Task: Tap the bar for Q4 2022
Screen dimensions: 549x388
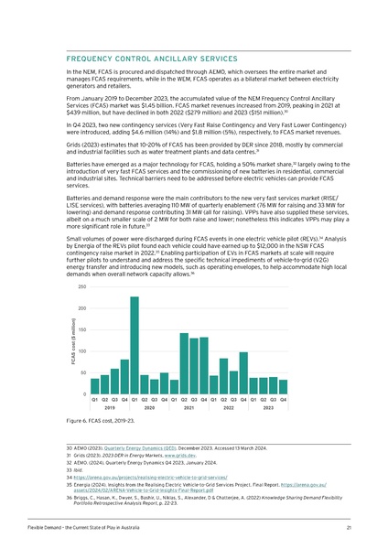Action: (243, 372)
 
